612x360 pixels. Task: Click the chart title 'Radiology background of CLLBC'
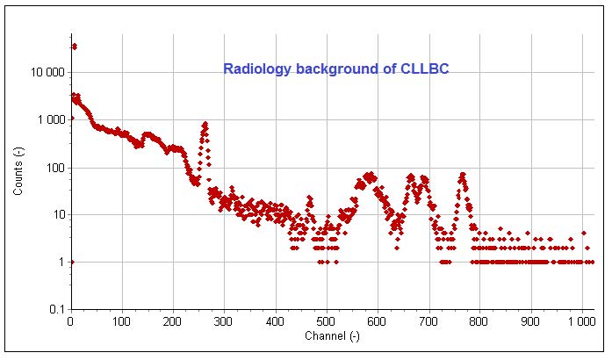(336, 68)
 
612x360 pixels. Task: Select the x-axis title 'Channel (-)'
(332, 336)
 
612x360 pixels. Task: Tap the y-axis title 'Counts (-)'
(18, 168)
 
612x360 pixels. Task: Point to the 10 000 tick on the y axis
(51, 72)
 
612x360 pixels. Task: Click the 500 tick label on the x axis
(326, 321)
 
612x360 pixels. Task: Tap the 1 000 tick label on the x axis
(580, 321)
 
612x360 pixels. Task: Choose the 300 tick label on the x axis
(224, 321)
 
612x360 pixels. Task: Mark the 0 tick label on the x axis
(70, 321)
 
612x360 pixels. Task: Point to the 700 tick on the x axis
(428, 321)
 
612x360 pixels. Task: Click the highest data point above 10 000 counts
(75, 46)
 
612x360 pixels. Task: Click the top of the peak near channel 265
(205, 124)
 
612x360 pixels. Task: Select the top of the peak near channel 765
(462, 175)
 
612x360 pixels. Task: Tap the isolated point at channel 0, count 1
(71, 262)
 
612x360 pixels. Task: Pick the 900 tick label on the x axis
(530, 321)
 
